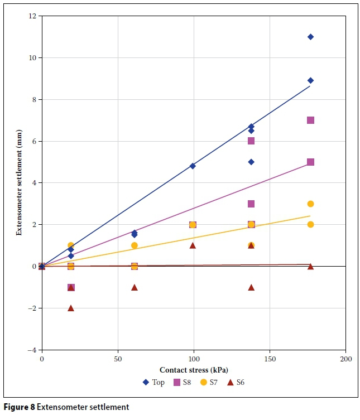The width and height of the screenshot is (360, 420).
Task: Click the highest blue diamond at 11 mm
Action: [310, 37]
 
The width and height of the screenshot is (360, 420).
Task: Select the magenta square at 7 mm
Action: [310, 120]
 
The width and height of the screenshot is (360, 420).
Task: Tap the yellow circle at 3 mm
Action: [310, 204]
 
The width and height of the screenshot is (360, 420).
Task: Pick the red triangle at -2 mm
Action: [71, 308]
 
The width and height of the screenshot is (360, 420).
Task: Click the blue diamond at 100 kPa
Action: [193, 166]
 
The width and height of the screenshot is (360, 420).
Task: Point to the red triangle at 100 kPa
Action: [193, 245]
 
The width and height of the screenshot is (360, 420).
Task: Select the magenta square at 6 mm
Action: [251, 141]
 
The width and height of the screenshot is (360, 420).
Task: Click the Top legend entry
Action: [154, 382]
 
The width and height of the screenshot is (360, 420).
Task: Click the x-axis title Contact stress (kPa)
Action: [194, 370]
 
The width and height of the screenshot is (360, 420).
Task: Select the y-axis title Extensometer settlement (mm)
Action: [19, 184]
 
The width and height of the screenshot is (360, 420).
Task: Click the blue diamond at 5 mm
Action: [251, 162]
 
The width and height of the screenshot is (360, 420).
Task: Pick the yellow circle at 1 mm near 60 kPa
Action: [134, 245]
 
